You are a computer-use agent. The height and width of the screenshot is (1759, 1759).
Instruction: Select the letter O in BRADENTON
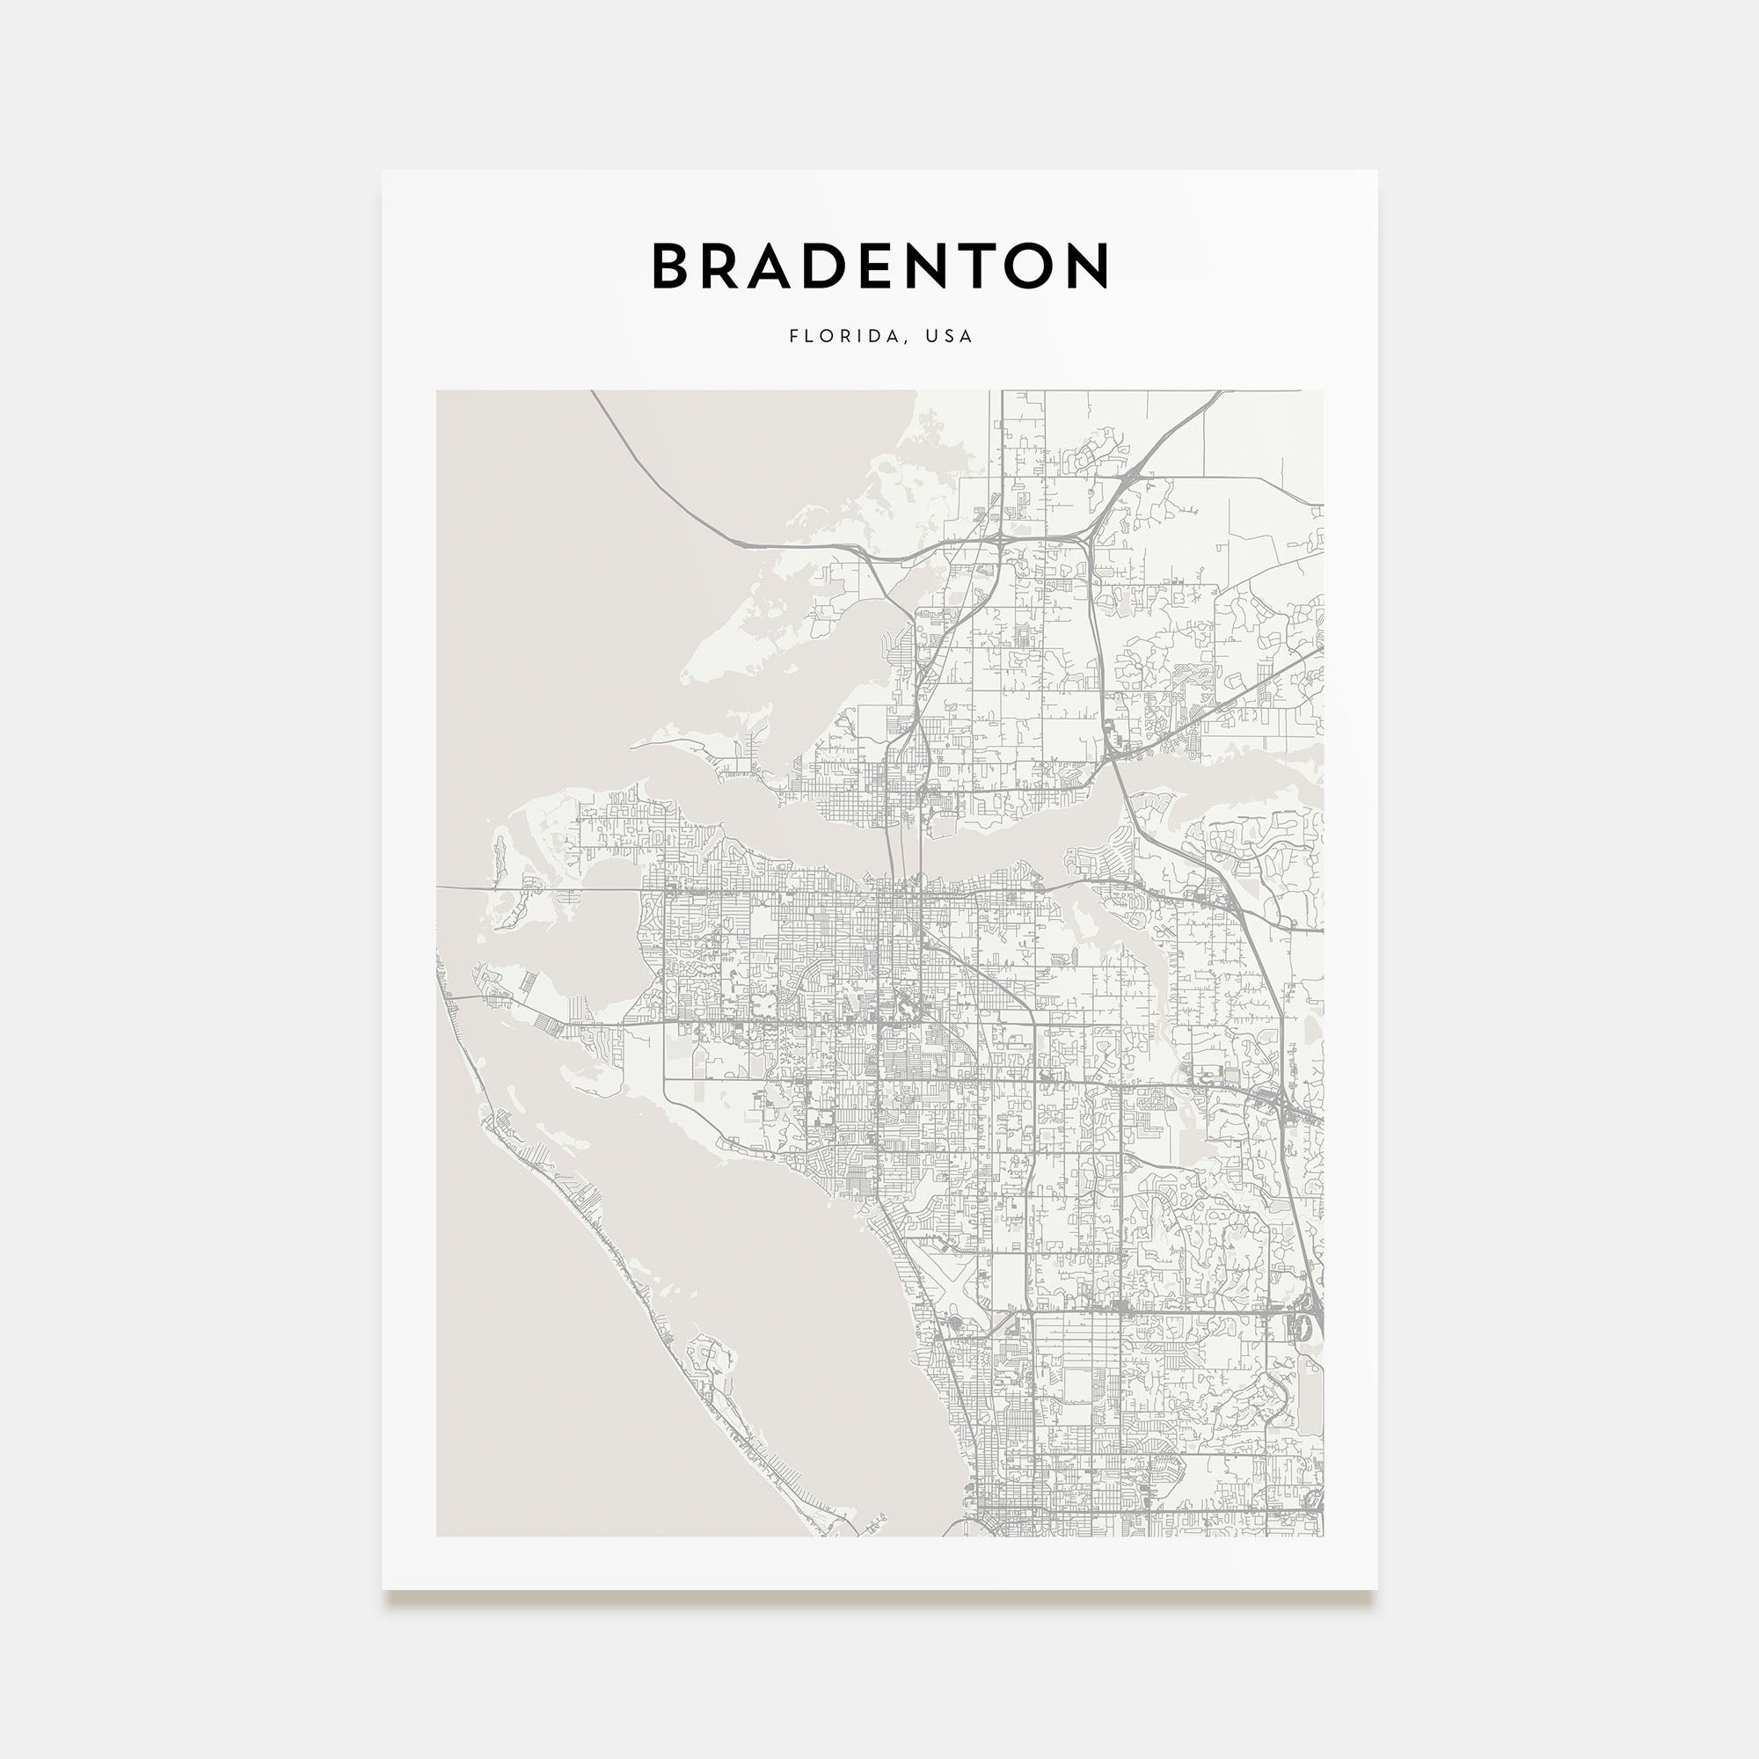pyautogui.click(x=1026, y=266)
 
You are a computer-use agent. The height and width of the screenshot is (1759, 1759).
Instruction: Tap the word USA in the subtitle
pyautogui.click(x=949, y=336)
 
